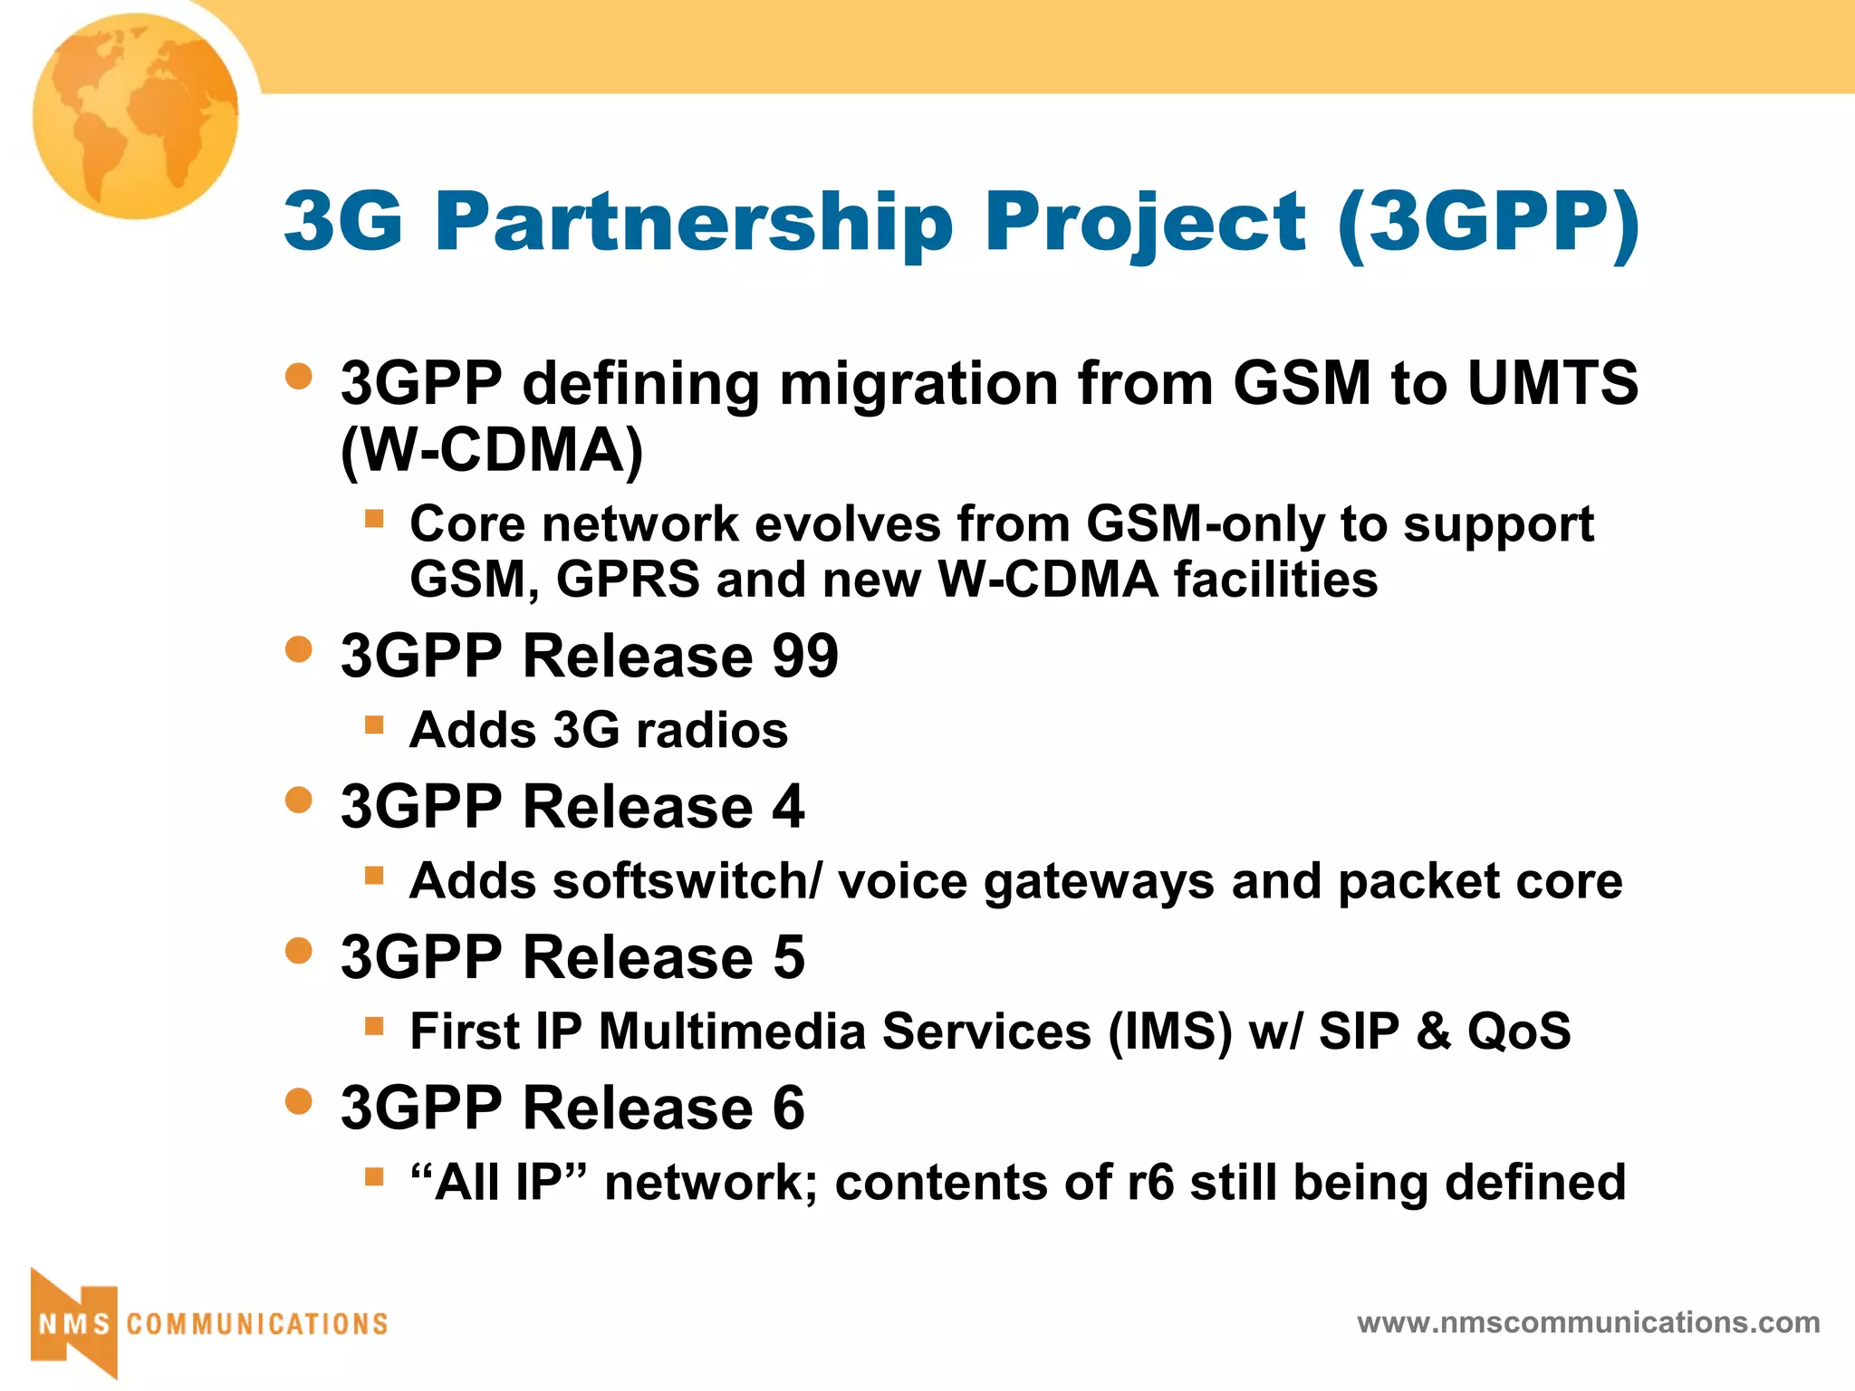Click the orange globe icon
tap(136, 116)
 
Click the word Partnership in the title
tap(694, 222)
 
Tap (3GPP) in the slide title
tap(1488, 222)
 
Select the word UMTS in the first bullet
tap(1552, 383)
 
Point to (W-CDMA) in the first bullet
tap(492, 450)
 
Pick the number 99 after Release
tap(805, 656)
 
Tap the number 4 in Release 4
tap(789, 806)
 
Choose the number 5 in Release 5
tap(789, 957)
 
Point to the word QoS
tap(1519, 1031)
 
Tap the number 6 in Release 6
tap(789, 1108)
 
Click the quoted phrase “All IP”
tap(498, 1183)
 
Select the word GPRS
tap(628, 580)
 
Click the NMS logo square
tap(74, 1323)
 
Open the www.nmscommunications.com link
tap(1588, 1323)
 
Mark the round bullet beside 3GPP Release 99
tap(298, 649)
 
